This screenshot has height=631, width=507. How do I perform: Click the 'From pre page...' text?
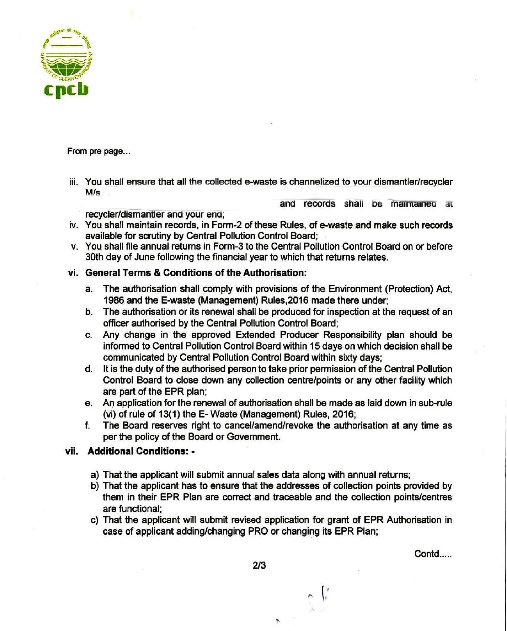[99, 151]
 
